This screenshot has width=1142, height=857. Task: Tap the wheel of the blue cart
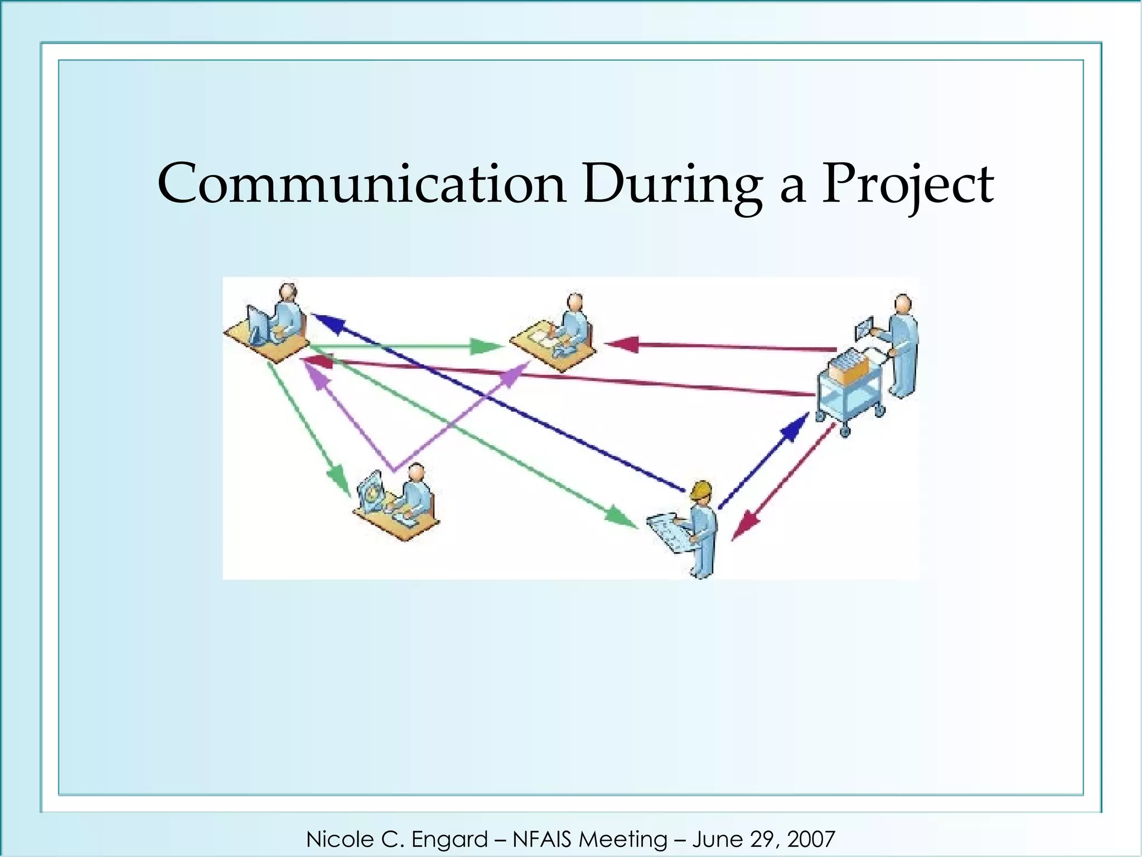(844, 431)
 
